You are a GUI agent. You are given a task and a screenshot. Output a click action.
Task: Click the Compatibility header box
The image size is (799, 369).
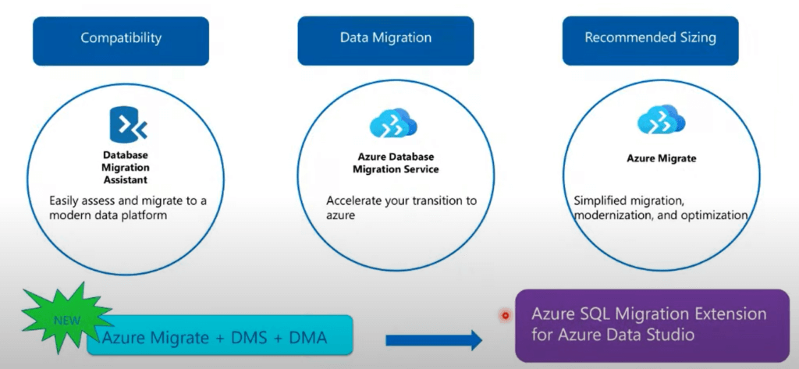(121, 41)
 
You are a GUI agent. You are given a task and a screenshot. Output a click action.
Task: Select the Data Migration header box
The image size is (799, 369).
(385, 41)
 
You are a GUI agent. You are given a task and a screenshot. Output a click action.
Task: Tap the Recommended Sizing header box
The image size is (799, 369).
(650, 41)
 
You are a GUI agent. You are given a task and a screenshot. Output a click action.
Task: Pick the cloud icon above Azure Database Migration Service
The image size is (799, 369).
(393, 122)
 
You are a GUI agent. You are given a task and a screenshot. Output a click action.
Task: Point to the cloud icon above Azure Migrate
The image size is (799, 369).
(662, 121)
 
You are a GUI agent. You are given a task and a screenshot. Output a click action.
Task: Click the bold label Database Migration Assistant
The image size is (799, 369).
(126, 167)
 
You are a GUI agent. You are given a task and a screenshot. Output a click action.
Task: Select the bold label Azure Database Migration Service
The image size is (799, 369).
(396, 162)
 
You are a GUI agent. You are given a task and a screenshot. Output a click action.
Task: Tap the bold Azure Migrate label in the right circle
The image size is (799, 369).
(662, 158)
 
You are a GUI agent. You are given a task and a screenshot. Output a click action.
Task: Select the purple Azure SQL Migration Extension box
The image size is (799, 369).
(652, 325)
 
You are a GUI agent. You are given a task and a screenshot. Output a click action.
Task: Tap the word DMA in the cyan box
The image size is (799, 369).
(307, 337)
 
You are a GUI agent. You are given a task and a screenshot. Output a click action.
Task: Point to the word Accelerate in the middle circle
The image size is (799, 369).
(353, 200)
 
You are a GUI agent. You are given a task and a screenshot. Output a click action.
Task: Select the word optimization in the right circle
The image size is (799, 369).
(716, 215)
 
